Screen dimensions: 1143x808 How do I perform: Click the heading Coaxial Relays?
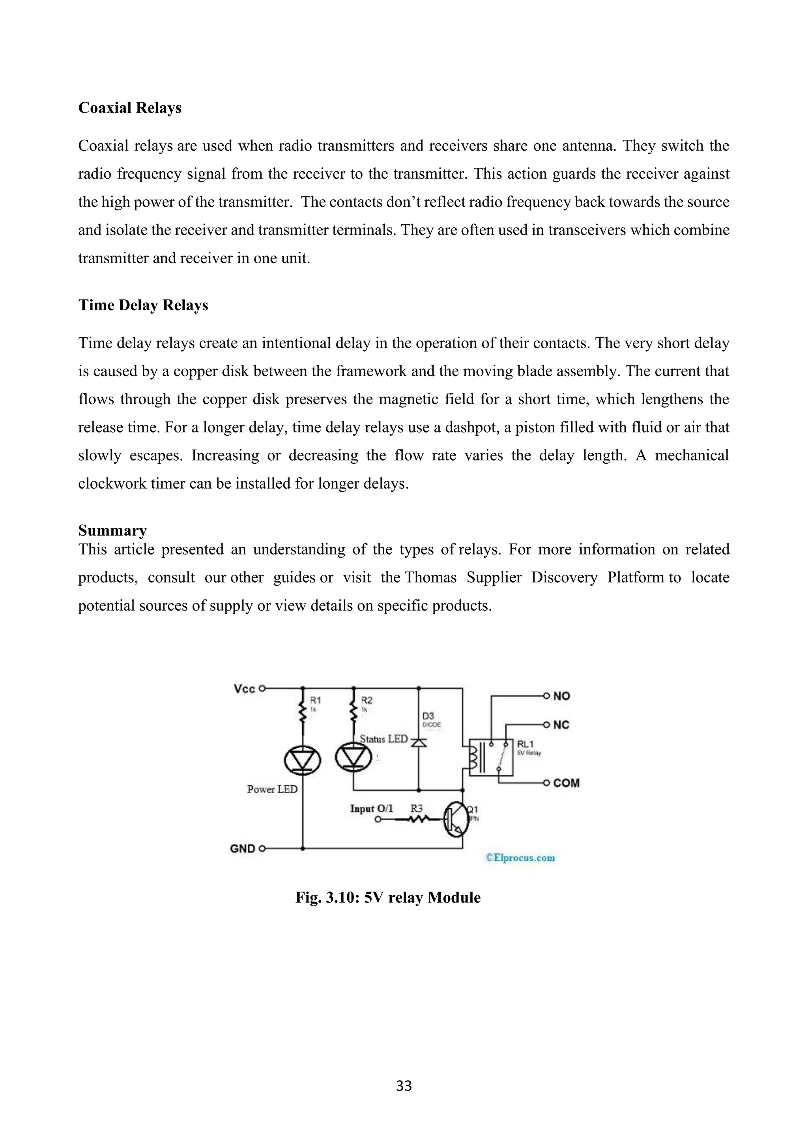click(x=129, y=108)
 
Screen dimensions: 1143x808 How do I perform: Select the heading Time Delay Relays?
click(x=143, y=305)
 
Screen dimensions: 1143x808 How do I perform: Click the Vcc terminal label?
click(x=244, y=689)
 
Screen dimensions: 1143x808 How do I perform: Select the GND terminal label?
click(x=242, y=848)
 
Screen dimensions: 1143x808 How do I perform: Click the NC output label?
click(x=561, y=725)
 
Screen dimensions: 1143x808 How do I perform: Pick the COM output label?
click(x=566, y=783)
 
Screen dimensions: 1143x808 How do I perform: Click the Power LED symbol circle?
click(x=302, y=760)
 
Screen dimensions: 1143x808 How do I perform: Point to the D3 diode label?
click(x=428, y=716)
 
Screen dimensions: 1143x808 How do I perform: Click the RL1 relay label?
click(x=526, y=744)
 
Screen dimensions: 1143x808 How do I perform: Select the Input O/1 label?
click(x=371, y=808)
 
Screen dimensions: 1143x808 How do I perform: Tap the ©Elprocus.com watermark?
click(x=520, y=858)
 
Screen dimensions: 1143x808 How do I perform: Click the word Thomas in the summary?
click(x=431, y=577)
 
